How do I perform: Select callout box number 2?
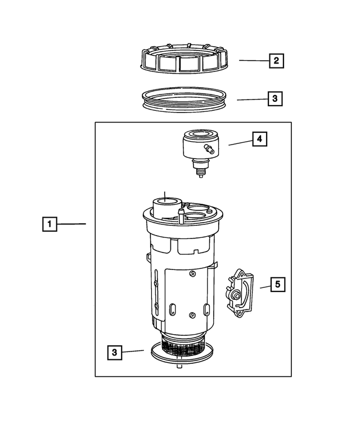click(276, 60)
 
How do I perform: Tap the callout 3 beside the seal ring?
click(274, 100)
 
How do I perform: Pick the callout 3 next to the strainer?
click(114, 353)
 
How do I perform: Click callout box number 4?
click(259, 139)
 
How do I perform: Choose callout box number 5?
click(277, 285)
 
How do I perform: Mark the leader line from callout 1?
click(71, 224)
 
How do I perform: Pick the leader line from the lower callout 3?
click(134, 352)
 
